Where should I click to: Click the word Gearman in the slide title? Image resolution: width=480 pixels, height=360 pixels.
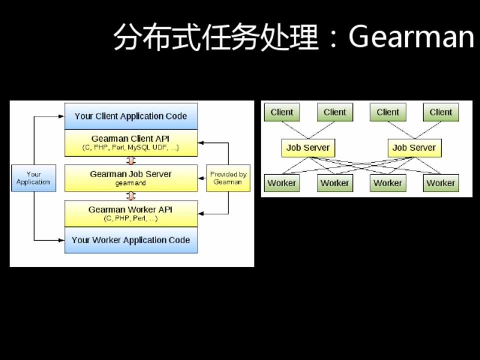411,37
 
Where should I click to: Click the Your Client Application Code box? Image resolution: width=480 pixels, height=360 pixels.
131,116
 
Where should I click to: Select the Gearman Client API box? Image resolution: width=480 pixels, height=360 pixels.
131,142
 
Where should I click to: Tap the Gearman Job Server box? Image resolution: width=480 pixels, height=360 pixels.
131,177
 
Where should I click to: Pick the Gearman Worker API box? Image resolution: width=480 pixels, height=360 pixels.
131,213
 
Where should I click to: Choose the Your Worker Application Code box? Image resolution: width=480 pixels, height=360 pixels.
131,240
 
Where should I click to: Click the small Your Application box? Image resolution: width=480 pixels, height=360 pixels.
33,178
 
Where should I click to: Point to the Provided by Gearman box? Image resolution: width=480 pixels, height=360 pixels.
228,178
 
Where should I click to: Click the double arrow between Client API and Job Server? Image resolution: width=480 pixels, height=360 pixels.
131,160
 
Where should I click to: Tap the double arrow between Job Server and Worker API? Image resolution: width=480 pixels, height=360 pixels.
131,195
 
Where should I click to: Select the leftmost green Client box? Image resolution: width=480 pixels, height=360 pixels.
281,112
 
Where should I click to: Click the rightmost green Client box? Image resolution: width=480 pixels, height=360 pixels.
440,112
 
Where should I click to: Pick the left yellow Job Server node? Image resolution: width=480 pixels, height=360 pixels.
307,147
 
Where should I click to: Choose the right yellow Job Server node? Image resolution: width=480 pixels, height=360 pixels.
414,147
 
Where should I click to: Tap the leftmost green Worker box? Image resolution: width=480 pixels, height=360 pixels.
281,183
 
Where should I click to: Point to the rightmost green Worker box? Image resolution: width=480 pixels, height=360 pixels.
440,183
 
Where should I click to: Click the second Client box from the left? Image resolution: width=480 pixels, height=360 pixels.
334,112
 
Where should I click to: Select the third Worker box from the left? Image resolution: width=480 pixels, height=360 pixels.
387,183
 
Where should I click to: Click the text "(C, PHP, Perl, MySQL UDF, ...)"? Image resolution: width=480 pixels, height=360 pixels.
131,148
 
